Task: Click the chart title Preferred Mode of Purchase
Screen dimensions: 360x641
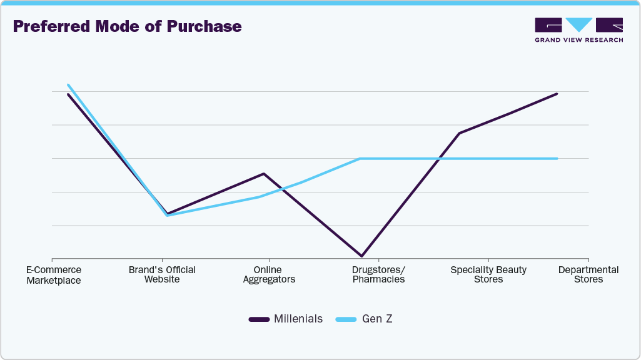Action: click(127, 27)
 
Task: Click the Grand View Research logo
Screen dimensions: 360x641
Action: click(578, 30)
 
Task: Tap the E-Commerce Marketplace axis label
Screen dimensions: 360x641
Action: click(54, 275)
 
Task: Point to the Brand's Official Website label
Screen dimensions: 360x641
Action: click(162, 274)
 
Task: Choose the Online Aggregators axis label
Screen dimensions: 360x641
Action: click(269, 274)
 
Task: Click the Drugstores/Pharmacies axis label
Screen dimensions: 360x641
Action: click(378, 274)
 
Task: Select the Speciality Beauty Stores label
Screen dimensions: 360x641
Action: click(488, 274)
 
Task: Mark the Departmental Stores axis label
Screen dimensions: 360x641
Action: click(588, 274)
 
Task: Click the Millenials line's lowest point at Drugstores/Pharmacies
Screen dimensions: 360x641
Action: click(361, 256)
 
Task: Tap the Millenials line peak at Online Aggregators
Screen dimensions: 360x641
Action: click(265, 174)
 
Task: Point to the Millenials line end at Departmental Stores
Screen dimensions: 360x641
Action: click(557, 94)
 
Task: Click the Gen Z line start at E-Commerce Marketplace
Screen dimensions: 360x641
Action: click(68, 85)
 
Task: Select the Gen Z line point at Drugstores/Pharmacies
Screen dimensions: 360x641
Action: click(361, 159)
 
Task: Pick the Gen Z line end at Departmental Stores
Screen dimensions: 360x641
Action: click(557, 159)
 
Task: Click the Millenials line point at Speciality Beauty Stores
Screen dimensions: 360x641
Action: click(460, 133)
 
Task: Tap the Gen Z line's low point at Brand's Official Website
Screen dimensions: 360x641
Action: click(167, 216)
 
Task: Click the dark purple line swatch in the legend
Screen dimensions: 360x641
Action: click(259, 319)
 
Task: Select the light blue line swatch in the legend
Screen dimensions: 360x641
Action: click(346, 319)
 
